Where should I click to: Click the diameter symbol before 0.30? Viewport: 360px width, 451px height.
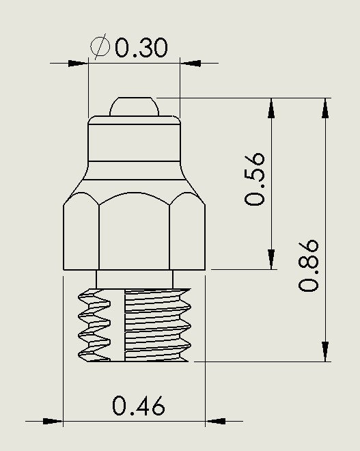click(x=100, y=47)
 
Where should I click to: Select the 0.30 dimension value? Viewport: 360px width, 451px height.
click(x=141, y=48)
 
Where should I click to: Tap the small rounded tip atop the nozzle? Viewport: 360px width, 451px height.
click(x=135, y=106)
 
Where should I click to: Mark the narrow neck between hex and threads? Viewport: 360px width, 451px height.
click(x=135, y=279)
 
